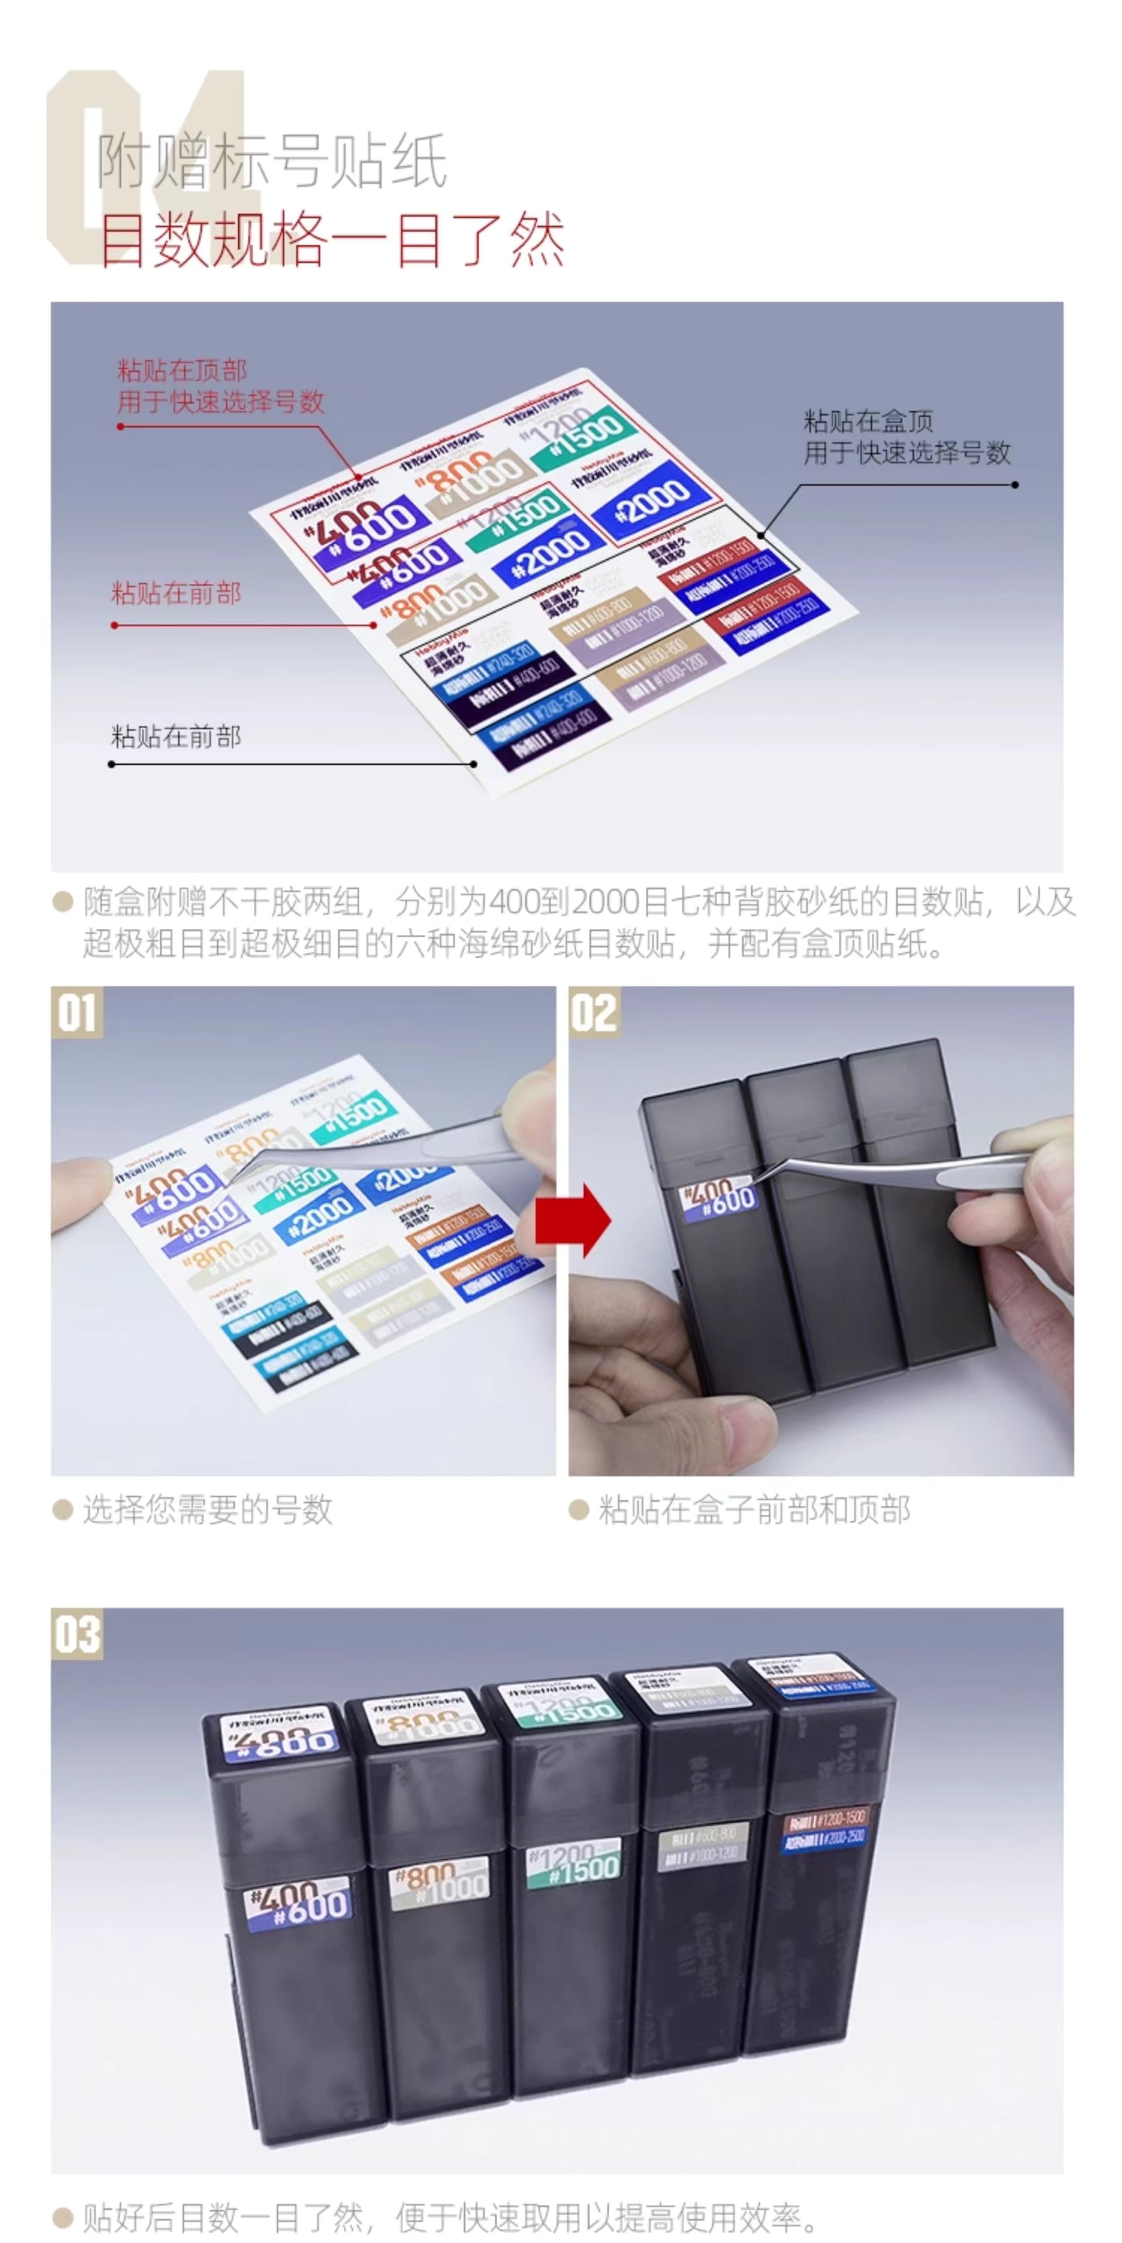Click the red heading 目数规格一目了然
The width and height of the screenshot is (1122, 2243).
pyautogui.click(x=331, y=239)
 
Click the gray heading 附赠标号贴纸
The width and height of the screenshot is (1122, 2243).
pyautogui.click(x=272, y=161)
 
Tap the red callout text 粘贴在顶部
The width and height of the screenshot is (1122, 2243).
pyautogui.click(x=182, y=371)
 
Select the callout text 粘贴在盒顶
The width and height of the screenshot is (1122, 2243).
pyautogui.click(x=868, y=421)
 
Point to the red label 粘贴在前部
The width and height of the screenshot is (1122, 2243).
pyautogui.click(x=176, y=594)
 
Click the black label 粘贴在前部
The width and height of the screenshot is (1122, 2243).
pyautogui.click(x=176, y=737)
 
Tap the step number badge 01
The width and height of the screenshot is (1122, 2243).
pyautogui.click(x=77, y=1013)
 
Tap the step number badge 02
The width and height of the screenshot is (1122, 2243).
pyautogui.click(x=594, y=1013)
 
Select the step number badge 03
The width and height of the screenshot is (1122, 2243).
pyautogui.click(x=77, y=1633)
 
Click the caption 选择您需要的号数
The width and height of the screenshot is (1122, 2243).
pyautogui.click(x=208, y=1510)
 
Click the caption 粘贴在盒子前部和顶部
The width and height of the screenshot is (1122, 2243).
pyautogui.click(x=753, y=1510)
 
